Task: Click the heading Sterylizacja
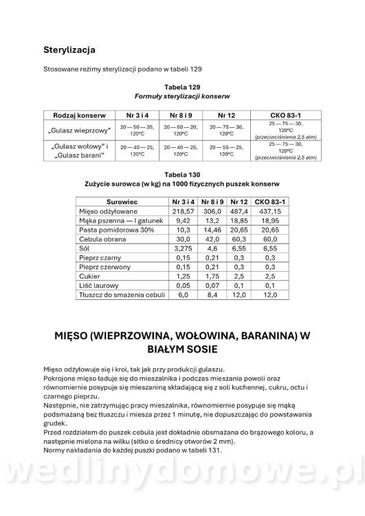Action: pos(69,50)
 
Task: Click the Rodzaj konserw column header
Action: pos(79,114)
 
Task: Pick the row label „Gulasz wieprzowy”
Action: pos(79,130)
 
